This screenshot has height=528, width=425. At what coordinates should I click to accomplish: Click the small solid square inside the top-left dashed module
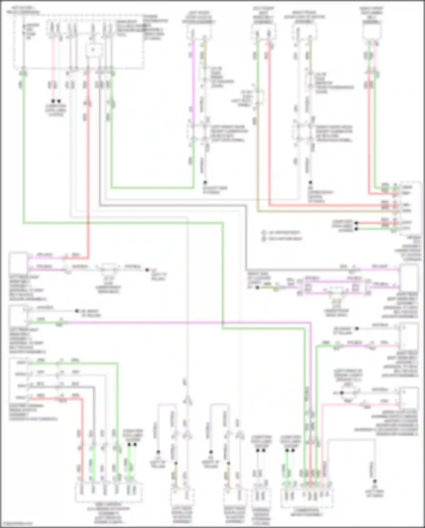tap(93, 50)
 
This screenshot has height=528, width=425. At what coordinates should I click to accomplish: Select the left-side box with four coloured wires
tap(18, 380)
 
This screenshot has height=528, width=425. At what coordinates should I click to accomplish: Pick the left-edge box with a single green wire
tap(18, 316)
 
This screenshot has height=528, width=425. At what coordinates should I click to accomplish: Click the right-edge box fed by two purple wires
tap(409, 277)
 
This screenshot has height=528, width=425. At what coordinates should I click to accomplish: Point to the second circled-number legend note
tap(282, 239)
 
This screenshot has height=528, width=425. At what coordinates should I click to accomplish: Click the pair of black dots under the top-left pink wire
tap(56, 101)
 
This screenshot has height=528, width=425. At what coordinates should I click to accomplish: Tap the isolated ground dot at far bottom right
tap(375, 481)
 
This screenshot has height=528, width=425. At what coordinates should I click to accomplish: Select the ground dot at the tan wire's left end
tap(257, 287)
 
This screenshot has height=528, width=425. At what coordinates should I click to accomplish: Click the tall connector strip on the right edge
tap(409, 209)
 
